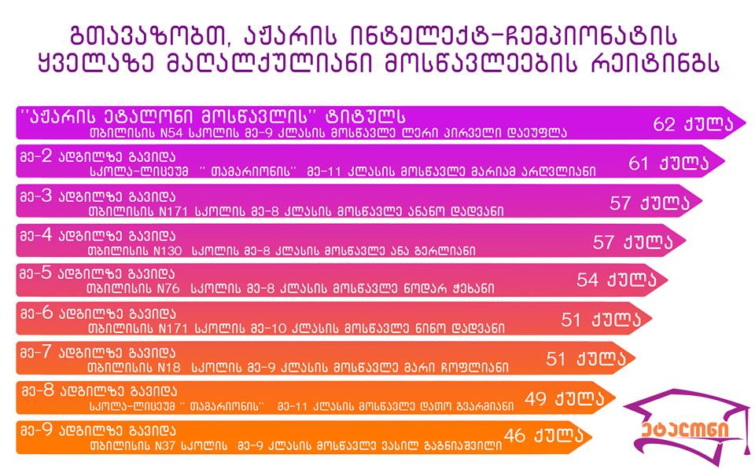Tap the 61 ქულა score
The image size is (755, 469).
668,163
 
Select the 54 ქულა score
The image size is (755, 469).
617,280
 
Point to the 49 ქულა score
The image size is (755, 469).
565,398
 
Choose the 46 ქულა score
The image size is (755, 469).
543,435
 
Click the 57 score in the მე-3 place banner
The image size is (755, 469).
620,203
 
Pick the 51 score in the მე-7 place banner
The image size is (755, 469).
555,359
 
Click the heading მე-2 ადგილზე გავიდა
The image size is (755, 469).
98,157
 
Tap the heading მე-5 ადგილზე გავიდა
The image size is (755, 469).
98,274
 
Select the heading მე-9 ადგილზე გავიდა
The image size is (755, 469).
98,431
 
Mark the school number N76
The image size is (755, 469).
168,289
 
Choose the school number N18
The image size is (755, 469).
169,368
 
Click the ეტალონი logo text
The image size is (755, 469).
685,430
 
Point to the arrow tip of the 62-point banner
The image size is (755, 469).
745,123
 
